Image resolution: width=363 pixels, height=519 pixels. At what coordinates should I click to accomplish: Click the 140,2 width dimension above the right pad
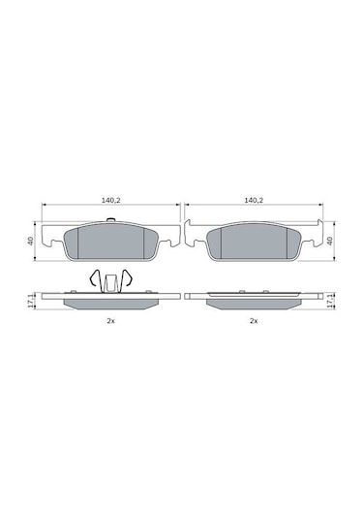(254, 199)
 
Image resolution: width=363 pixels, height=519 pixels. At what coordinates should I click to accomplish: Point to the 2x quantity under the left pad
(110, 320)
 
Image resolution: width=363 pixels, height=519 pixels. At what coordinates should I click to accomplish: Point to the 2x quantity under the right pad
(254, 320)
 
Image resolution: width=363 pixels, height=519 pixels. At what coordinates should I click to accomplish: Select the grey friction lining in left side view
(110, 303)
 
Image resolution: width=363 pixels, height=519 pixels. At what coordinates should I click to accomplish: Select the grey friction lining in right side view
(254, 303)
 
